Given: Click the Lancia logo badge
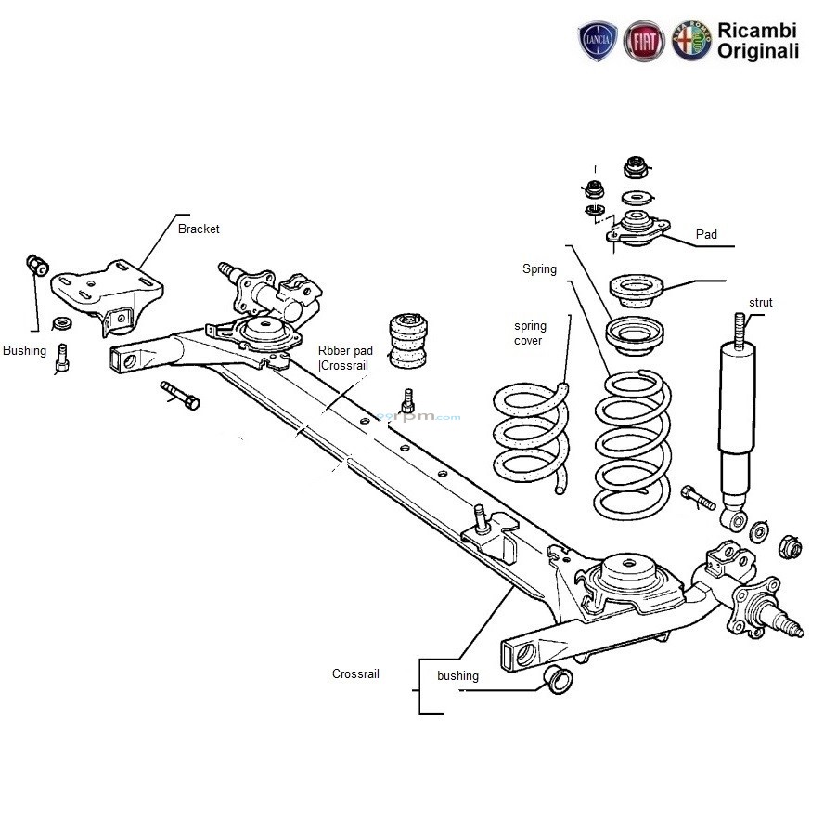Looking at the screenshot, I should (x=599, y=43).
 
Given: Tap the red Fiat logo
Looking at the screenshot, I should (x=644, y=43).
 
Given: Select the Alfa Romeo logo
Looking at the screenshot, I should (x=691, y=43).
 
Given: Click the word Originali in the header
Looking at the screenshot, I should (x=757, y=52).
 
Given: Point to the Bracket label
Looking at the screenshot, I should (x=199, y=229).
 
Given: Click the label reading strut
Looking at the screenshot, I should (x=760, y=303).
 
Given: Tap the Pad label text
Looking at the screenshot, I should (x=706, y=235).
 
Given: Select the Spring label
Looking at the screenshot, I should (x=539, y=269).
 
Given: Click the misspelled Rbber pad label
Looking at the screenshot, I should (x=345, y=351).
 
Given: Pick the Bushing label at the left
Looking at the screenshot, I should (x=24, y=351).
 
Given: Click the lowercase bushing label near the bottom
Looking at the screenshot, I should (x=457, y=675).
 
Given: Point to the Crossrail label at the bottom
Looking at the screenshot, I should (x=355, y=674).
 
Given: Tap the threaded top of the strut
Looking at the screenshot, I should (x=740, y=329).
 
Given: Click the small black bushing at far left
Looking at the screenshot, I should (x=37, y=264).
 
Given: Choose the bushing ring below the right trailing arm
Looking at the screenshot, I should (x=558, y=679).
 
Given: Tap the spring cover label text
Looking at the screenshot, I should (x=531, y=333).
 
